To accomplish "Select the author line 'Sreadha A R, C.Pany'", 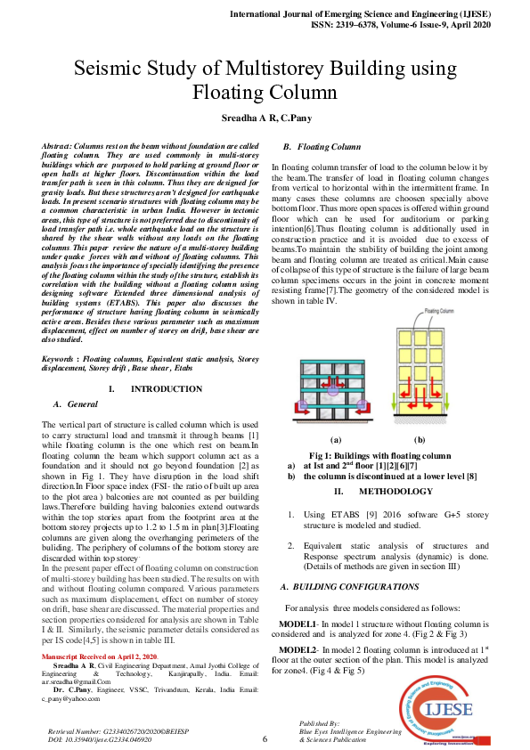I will (x=265, y=118).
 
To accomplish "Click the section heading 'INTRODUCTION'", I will (x=166, y=389).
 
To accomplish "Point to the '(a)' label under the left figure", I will (x=336, y=440).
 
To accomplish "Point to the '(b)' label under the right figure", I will (x=420, y=440).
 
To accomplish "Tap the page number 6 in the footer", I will (x=265, y=738).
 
